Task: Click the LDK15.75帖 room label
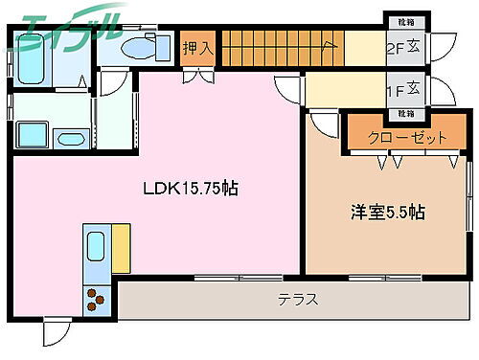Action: tap(193, 189)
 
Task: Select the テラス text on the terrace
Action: tap(298, 299)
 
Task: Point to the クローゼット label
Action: tap(410, 138)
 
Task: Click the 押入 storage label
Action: tap(197, 48)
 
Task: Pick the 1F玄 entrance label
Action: tap(402, 89)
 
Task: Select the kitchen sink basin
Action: tap(97, 248)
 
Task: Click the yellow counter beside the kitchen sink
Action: tap(121, 248)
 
